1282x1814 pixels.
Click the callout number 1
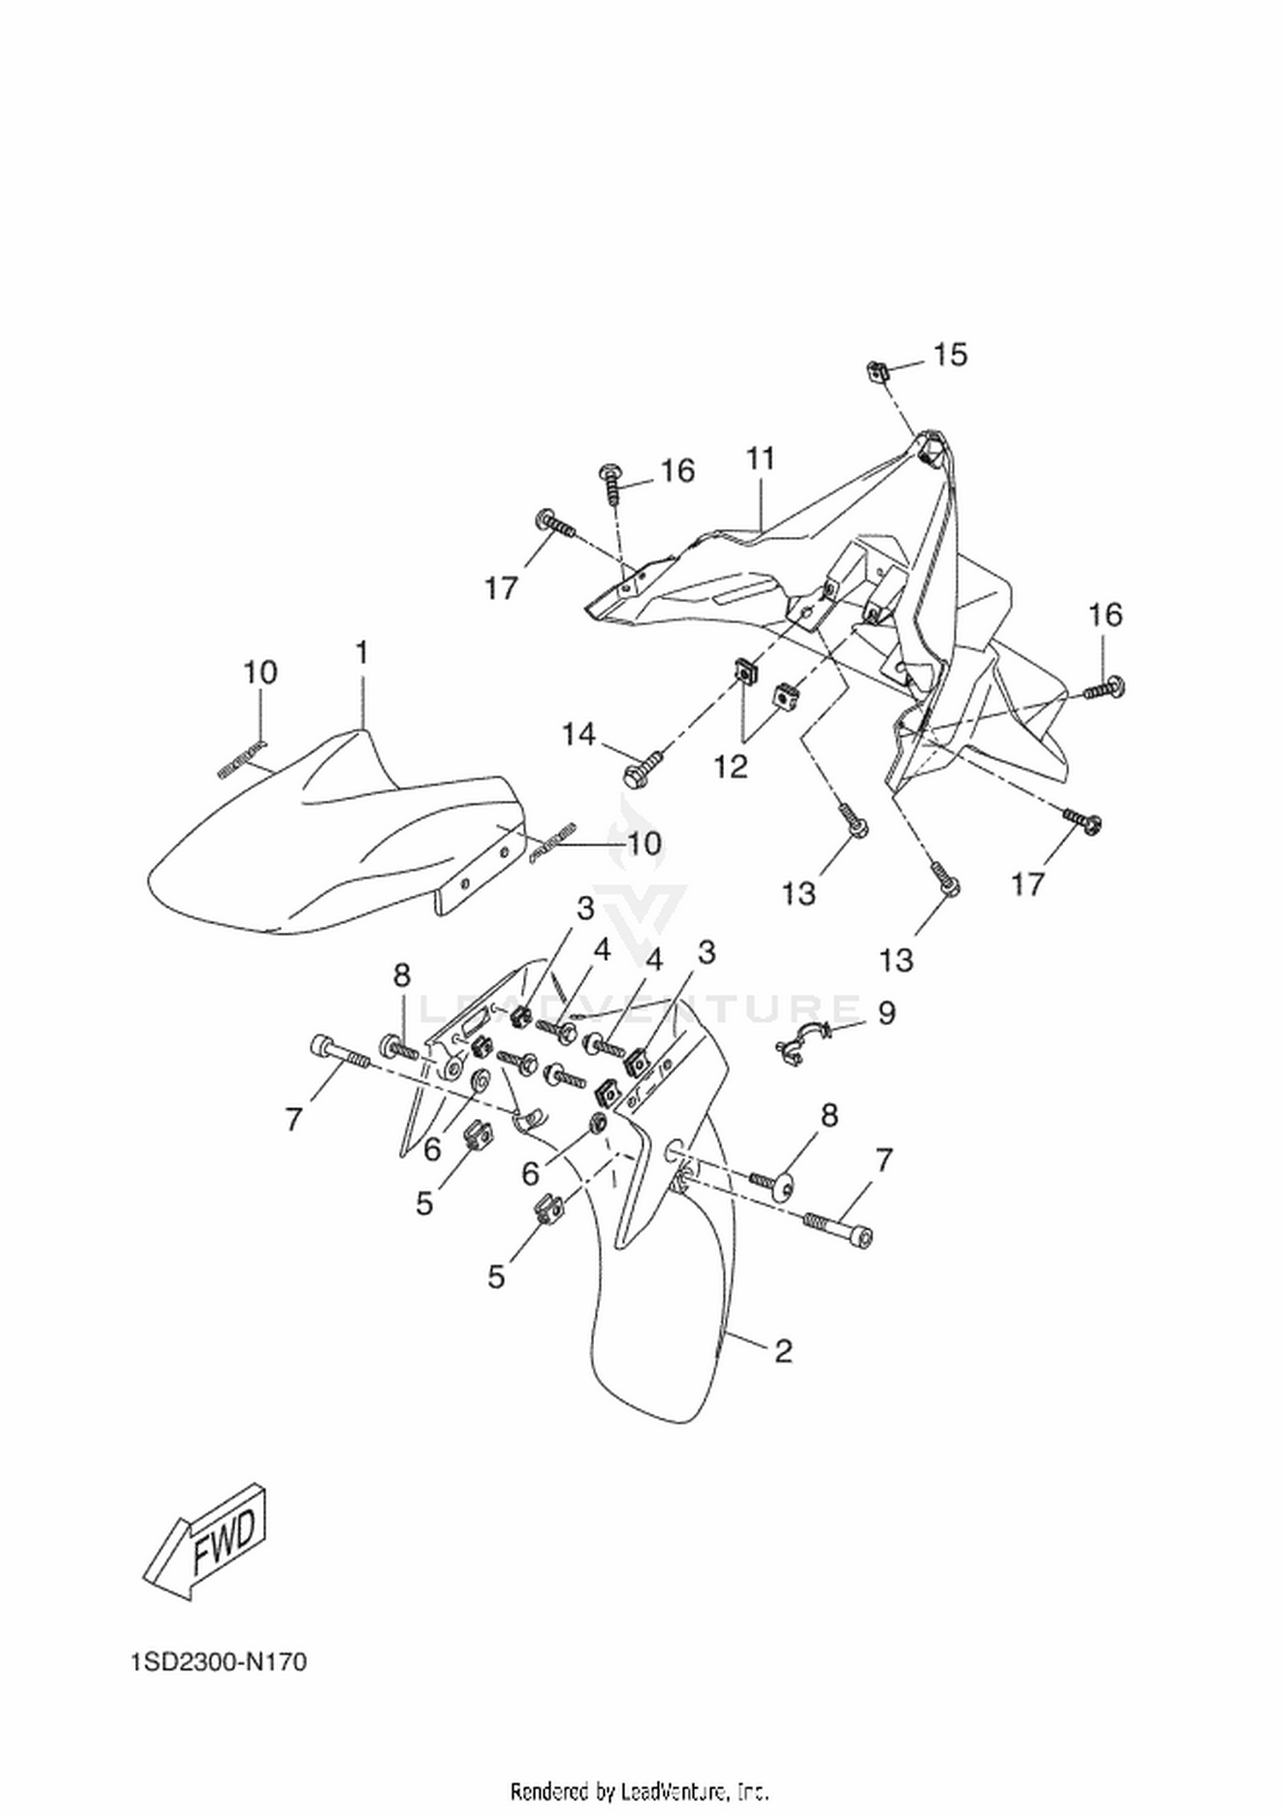[x=362, y=654]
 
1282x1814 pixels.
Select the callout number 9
[x=886, y=1013]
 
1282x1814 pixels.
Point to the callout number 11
[x=761, y=459]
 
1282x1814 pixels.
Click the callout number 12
[x=732, y=766]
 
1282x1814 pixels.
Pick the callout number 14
[x=579, y=733]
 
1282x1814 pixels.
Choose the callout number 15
[x=950, y=354]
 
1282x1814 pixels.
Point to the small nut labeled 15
[x=877, y=371]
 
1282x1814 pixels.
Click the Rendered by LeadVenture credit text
[x=639, y=1790]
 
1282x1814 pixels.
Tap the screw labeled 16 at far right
[x=1104, y=687]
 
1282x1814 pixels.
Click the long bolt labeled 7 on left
[x=338, y=1052]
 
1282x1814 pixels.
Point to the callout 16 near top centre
[x=677, y=471]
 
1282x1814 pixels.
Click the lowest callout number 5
[x=497, y=1277]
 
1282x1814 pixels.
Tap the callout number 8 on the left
[x=402, y=975]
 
